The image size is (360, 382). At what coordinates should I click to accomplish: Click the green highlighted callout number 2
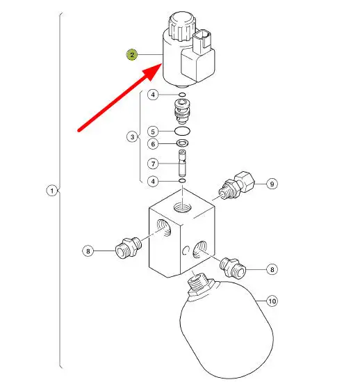132,55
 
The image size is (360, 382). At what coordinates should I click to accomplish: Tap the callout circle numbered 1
52,191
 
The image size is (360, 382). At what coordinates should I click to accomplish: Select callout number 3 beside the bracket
132,136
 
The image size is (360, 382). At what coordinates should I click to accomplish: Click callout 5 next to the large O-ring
153,132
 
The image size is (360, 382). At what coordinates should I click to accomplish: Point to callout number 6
153,144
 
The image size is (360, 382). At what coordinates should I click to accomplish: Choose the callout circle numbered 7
153,164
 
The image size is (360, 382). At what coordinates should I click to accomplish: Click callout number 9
272,184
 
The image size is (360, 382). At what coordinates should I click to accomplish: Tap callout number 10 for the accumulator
272,301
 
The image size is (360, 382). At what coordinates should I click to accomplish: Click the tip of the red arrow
162,63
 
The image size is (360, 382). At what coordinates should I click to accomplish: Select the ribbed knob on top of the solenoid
181,26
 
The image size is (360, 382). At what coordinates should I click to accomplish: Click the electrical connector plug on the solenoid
202,41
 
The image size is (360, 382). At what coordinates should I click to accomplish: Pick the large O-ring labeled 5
182,131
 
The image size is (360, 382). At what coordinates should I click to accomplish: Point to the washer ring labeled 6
182,143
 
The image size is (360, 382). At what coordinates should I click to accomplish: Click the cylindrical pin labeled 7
182,163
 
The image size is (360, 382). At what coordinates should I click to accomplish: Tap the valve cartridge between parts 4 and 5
182,111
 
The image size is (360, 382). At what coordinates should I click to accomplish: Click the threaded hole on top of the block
182,208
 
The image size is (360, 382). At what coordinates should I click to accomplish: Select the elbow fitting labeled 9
236,185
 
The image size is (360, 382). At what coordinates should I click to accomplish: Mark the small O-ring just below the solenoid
182,95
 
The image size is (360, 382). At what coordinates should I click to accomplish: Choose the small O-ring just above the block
182,181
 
